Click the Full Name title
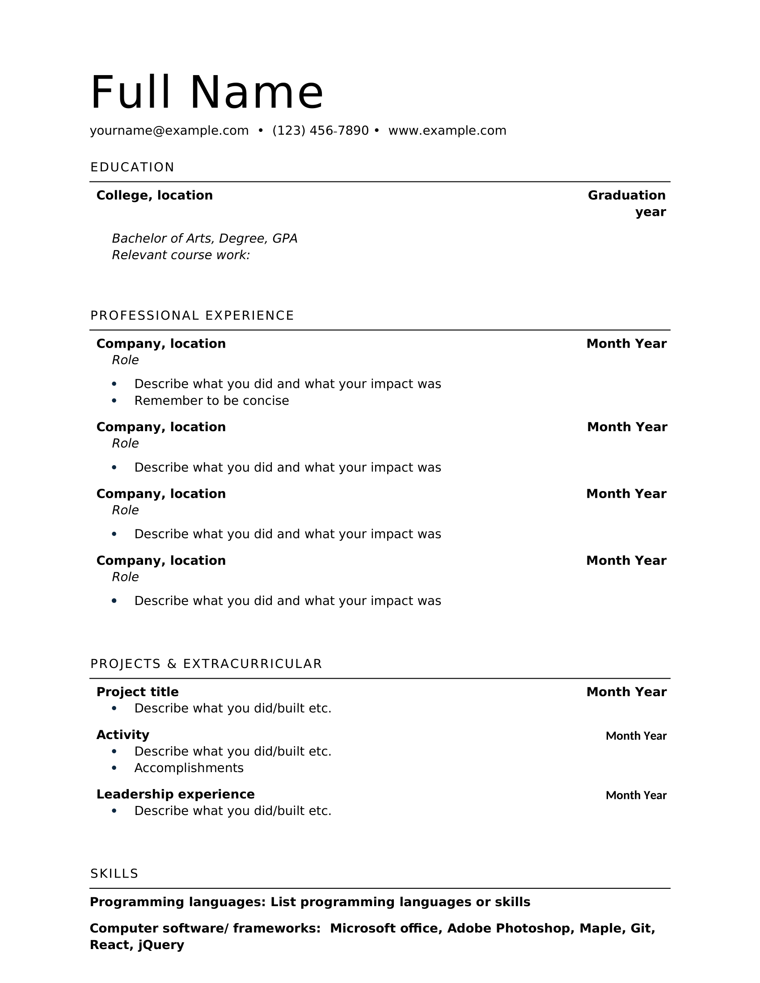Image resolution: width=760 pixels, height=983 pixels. coord(207,92)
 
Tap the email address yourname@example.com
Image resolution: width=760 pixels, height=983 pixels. coord(169,130)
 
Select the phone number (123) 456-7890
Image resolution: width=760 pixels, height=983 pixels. coord(320,130)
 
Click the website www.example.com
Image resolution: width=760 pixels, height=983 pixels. coord(447,130)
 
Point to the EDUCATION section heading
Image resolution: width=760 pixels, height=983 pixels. coord(132,168)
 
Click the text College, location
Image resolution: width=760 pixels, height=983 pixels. coord(154,195)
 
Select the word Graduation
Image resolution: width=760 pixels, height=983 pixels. coord(626,195)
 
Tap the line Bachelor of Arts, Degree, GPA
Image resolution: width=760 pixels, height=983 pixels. coord(204,239)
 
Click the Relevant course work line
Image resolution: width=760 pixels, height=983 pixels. coord(181,255)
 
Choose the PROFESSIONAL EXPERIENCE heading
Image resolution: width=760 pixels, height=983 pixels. coord(192,315)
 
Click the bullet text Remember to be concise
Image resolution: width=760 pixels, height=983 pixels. coord(211,401)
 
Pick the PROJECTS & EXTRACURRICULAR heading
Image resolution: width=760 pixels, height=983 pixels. coord(206,664)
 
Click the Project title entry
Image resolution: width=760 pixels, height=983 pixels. coord(137,692)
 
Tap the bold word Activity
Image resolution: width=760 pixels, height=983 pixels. coord(122,735)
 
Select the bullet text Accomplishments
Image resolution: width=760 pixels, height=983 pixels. coord(189,768)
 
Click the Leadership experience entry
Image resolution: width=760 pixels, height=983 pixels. coord(175,794)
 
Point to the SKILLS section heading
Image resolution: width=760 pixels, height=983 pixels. coord(114,874)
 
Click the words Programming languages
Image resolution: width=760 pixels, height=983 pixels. coord(177,902)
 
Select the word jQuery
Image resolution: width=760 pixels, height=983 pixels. coord(161,945)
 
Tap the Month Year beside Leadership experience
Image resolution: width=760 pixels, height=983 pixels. coord(636,795)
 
